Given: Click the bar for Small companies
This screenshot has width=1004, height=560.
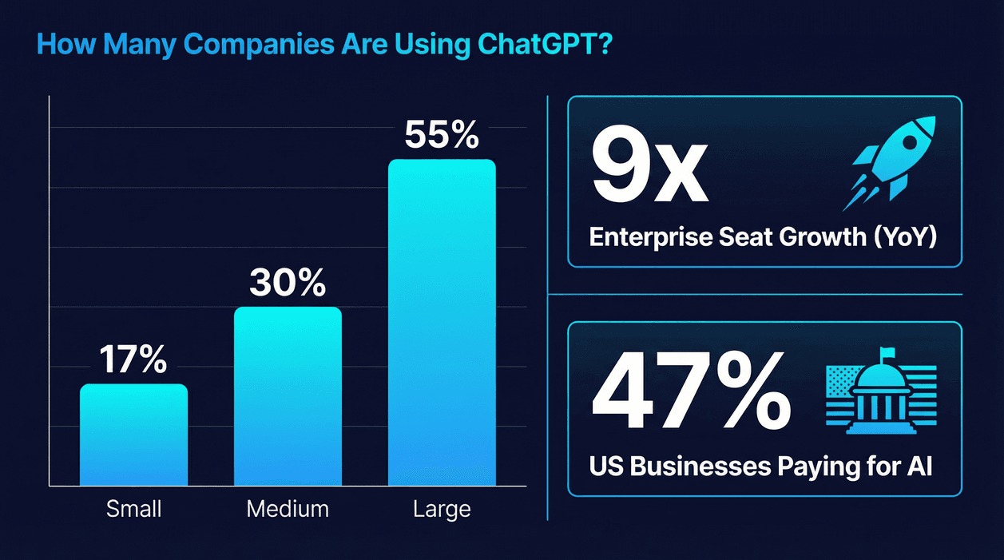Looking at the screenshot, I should (x=133, y=435).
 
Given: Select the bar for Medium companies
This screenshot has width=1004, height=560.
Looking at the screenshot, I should (x=288, y=396).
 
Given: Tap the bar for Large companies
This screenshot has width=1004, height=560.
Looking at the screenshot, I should (x=442, y=323).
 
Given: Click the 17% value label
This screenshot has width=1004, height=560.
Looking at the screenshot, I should (x=133, y=360).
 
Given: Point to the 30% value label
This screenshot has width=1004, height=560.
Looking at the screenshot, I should (x=288, y=283).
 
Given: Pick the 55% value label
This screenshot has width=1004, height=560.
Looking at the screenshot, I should (x=442, y=135).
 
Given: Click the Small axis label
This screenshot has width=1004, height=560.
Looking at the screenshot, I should (x=133, y=509).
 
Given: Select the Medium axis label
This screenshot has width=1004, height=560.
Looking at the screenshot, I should (x=288, y=509).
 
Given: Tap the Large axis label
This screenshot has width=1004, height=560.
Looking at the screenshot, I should (x=442, y=509).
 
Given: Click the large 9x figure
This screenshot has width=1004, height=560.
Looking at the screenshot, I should (x=649, y=169).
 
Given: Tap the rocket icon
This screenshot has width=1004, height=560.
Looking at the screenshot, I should (x=888, y=162).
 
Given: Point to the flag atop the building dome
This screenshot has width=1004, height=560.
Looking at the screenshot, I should (x=886, y=352).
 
